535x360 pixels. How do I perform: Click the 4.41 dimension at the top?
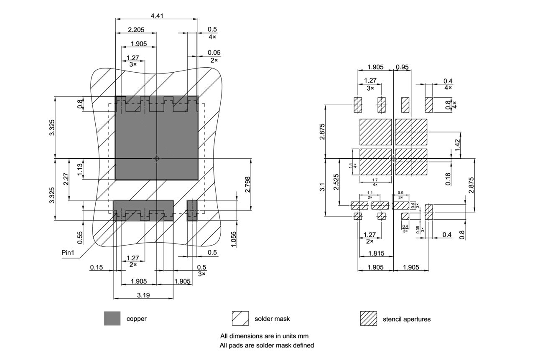[x=157, y=16]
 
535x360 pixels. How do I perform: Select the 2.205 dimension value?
[x=136, y=30]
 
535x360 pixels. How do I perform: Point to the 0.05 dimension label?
[x=214, y=53]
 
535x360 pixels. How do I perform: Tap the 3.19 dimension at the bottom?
[x=143, y=295]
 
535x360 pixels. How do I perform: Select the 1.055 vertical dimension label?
[x=234, y=239]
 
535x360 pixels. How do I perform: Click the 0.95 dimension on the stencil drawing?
[x=403, y=67]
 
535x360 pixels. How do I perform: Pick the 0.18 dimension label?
[x=448, y=179]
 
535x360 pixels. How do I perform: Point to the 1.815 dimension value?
[x=375, y=254]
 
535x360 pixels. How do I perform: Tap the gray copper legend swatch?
[x=112, y=318]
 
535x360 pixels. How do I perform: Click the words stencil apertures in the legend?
[x=406, y=319]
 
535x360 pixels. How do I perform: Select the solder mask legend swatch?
[x=240, y=318]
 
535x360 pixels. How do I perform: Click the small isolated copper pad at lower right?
[x=192, y=210]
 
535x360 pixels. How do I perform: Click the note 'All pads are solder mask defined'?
[x=267, y=345]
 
